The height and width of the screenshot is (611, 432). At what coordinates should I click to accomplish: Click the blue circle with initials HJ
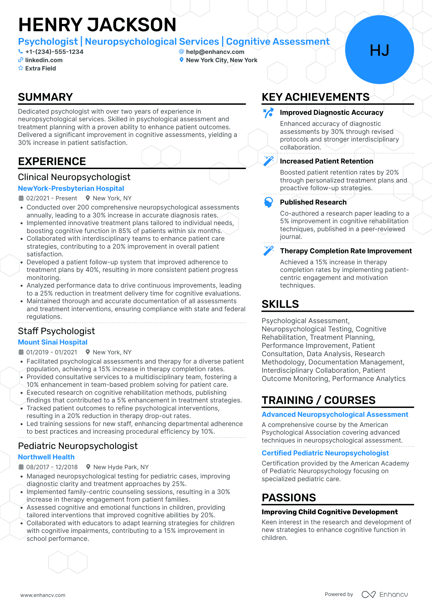379,50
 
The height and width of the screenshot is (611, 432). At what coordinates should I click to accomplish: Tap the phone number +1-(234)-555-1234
54,52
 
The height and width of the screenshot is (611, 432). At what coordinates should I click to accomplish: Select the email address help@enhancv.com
215,52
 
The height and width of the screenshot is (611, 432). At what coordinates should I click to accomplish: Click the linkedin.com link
44,60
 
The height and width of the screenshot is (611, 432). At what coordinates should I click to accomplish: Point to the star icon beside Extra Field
21,68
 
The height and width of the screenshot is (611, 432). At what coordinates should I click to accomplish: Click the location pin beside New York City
181,60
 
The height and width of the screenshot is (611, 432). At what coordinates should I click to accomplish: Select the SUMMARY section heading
45,97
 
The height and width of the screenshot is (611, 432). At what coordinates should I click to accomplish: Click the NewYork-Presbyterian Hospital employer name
71,188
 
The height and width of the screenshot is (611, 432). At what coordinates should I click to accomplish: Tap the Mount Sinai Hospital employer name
53,342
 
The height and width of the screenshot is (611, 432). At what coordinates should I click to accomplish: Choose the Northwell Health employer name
46,457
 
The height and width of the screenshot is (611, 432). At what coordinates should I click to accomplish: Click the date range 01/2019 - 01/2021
52,352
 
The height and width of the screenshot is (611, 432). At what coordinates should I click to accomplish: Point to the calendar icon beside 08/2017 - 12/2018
21,467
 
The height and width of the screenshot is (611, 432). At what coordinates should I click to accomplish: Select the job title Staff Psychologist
56,331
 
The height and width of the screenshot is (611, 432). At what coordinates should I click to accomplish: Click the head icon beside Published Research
268,202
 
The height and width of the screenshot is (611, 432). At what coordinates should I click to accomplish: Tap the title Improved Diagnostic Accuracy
332,112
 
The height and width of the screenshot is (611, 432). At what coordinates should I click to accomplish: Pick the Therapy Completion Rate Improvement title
346,251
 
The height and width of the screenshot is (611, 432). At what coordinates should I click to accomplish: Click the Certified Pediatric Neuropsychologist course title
325,453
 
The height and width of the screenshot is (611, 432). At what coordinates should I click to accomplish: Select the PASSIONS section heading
289,498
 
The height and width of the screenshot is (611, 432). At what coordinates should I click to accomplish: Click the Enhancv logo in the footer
385,594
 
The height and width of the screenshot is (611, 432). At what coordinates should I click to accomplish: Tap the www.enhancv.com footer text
43,595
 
